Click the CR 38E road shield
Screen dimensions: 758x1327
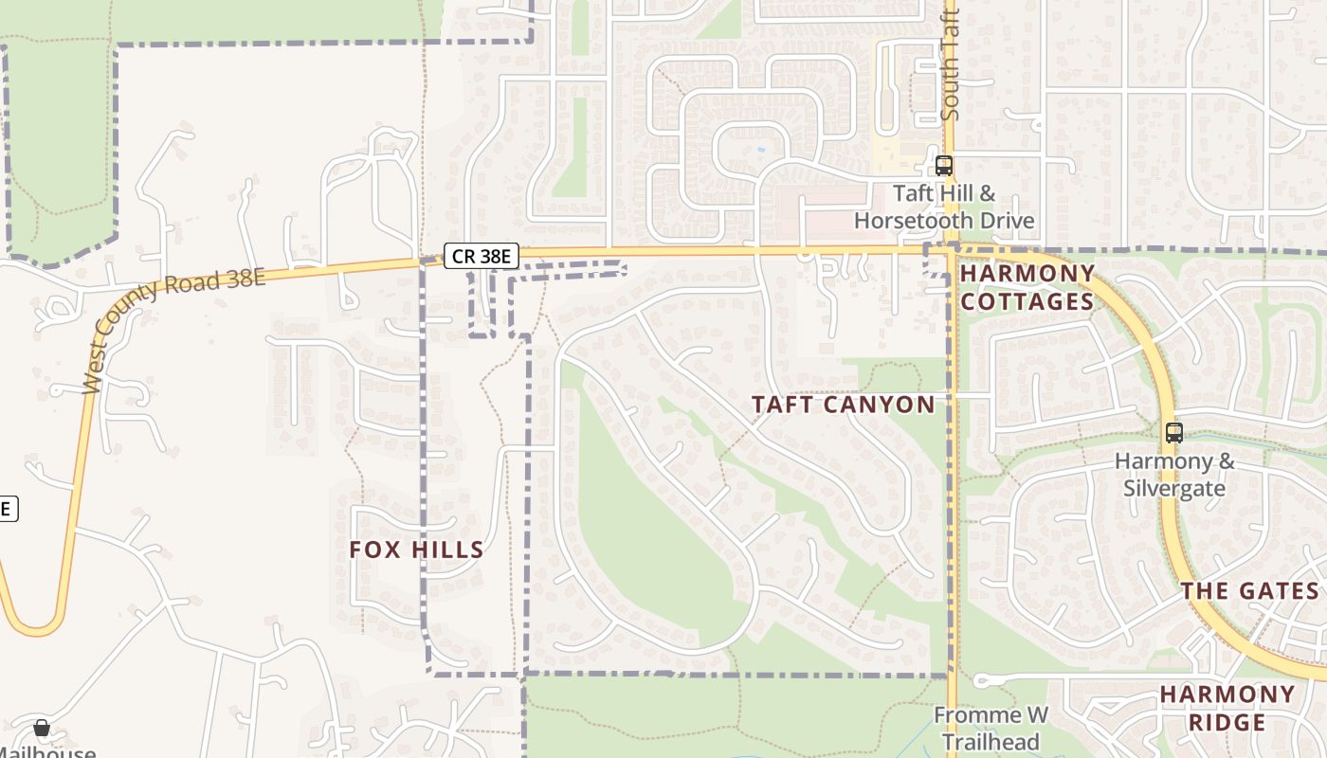[482, 255]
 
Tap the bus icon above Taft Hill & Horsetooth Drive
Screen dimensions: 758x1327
[943, 166]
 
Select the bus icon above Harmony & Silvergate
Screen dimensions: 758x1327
[1174, 433]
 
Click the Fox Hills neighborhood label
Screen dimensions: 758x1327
[416, 550]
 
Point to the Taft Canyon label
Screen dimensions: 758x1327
[843, 405]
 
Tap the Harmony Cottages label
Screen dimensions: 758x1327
[1027, 287]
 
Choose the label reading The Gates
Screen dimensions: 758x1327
[1249, 591]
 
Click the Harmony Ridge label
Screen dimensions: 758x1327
[1227, 708]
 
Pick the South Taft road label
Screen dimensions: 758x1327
[951, 64]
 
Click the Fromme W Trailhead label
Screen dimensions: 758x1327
[991, 728]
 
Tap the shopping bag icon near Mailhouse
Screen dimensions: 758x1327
[42, 728]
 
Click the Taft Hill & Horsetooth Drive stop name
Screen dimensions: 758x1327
[944, 208]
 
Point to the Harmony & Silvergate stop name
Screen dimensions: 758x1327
[1174, 475]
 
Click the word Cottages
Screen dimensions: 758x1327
[1027, 301]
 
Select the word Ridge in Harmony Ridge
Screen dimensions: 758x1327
[1227, 722]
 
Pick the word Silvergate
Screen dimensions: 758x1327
[1174, 489]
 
